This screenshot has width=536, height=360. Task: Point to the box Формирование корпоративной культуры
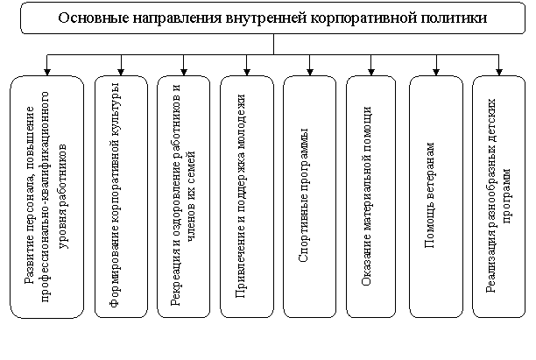point(121,196)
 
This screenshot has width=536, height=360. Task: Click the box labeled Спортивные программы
point(310,196)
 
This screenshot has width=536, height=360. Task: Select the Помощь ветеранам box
point(436,196)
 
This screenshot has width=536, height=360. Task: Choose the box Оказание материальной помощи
point(371,196)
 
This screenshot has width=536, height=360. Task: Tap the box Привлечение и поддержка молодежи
point(247,196)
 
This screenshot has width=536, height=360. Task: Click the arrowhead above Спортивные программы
point(310,72)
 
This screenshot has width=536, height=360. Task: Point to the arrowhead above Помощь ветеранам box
point(436,72)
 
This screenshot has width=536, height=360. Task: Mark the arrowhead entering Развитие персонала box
point(47,72)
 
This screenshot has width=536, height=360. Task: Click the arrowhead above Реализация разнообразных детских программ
point(498,72)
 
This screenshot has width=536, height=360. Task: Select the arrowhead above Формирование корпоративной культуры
point(121,72)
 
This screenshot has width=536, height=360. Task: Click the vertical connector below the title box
point(273,44)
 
